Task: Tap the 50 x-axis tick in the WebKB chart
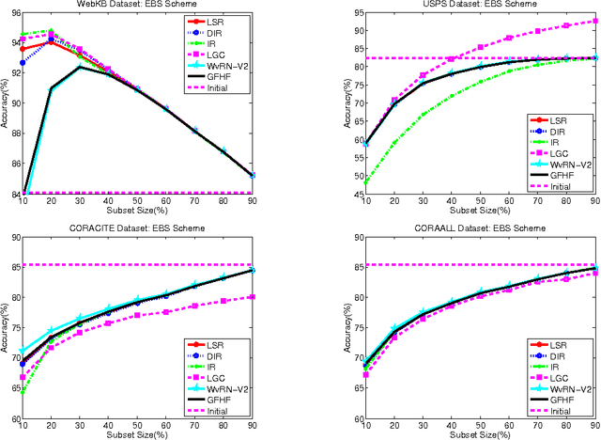click(x=137, y=205)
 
